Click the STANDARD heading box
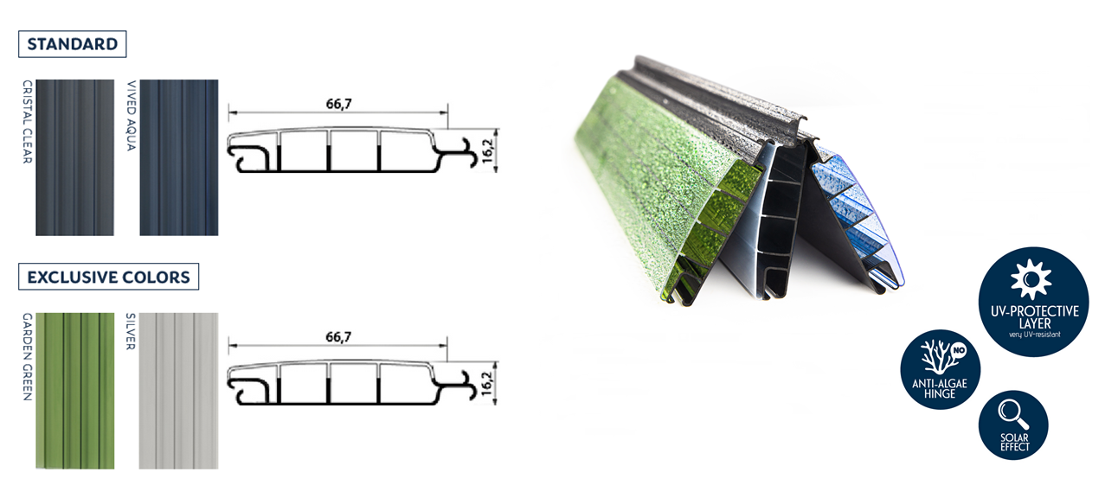(73, 44)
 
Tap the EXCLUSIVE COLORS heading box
(108, 277)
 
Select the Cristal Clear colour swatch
(75, 157)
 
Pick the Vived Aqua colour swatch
(179, 157)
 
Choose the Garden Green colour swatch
(75, 391)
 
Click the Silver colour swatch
(178, 391)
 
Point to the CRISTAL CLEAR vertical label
(28, 122)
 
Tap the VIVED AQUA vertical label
(132, 115)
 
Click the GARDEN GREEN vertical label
(28, 356)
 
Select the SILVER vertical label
(131, 331)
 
